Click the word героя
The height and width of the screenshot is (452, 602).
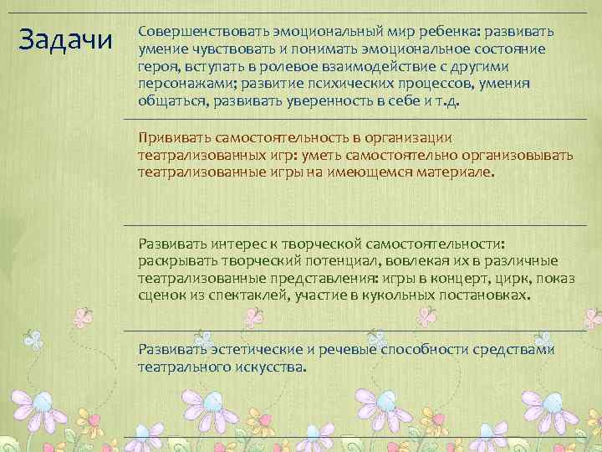coord(158,67)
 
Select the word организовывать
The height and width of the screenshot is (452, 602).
coord(518,155)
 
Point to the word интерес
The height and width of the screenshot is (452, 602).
coord(242,244)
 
